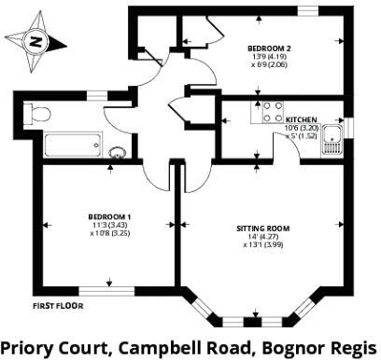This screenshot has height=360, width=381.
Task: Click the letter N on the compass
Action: click(x=35, y=41)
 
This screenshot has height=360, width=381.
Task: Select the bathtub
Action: click(x=73, y=145)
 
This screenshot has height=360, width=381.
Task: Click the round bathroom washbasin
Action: click(x=118, y=152)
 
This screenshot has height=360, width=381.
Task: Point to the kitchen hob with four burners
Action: click(x=273, y=112)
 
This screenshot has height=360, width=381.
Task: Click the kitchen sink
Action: click(x=332, y=140)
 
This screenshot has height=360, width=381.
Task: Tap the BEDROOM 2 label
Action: click(x=269, y=48)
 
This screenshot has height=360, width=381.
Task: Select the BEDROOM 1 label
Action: click(x=109, y=216)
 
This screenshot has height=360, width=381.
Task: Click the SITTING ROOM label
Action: click(x=263, y=228)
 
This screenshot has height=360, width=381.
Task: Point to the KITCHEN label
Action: click(x=301, y=119)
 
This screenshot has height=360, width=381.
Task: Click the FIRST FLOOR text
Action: click(x=58, y=306)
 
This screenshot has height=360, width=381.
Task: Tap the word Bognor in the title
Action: click(x=292, y=348)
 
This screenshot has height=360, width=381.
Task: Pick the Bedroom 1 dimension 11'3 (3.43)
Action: click(x=109, y=225)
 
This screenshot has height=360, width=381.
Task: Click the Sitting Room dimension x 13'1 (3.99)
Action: click(x=263, y=244)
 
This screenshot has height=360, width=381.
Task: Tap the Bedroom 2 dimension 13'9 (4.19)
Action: click(x=269, y=57)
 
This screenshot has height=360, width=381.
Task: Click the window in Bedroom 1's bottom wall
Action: click(x=106, y=291)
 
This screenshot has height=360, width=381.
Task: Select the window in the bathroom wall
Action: click(x=97, y=95)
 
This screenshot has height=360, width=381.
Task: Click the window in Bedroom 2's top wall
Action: click(x=308, y=11)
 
